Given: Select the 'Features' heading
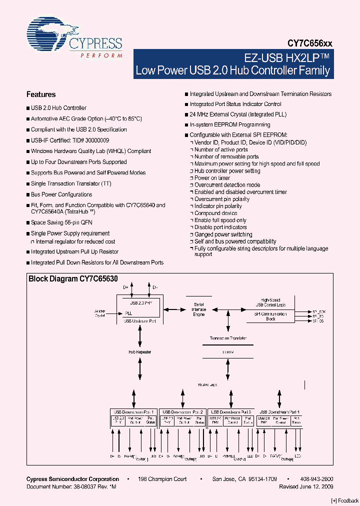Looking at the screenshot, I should [x=41, y=94].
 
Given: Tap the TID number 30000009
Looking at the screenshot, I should [x=95, y=140].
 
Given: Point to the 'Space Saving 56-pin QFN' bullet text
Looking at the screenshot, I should [x=61, y=222].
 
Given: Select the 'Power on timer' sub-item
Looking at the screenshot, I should [x=212, y=178].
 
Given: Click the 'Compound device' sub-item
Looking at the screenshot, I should [x=215, y=213].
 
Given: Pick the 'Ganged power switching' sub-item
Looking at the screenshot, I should [x=223, y=234].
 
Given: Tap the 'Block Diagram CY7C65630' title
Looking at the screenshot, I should [x=73, y=279].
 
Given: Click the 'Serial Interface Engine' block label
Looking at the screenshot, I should [x=199, y=309].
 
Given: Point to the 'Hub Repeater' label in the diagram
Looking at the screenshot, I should [x=140, y=352].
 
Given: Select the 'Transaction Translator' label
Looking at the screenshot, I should [x=228, y=338].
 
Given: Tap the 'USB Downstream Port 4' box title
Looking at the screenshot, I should [x=279, y=411].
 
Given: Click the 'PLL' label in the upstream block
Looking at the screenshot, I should [x=129, y=313].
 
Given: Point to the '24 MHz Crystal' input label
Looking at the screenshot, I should [x=100, y=313].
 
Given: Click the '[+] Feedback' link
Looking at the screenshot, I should [x=345, y=500].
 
